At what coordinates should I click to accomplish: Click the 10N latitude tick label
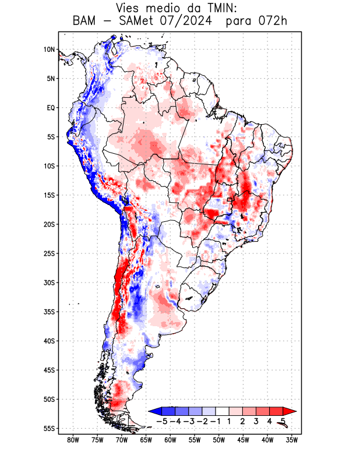49,50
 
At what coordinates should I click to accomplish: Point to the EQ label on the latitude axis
51,108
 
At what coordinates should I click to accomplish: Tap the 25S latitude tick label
49,253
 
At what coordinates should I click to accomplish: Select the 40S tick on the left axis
49,341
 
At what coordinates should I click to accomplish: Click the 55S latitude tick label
49,428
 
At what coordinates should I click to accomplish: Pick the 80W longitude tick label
73,440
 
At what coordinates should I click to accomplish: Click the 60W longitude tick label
170,440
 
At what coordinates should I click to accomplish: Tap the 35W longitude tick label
292,440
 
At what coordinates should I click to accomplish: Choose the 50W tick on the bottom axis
218,440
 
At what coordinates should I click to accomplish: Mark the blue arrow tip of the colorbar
153,411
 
